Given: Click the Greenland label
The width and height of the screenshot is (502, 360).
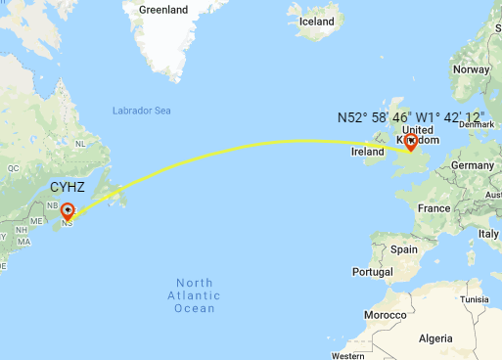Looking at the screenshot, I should [x=162, y=10].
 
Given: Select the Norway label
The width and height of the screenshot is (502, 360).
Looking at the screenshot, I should [x=471, y=69].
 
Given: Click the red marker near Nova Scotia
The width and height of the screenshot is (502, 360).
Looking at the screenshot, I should [x=68, y=210].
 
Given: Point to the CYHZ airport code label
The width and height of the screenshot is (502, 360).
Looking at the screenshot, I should [x=68, y=186].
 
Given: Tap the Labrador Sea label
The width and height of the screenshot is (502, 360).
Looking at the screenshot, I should [x=142, y=111].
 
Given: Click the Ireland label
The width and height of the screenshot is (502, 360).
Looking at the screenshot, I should [x=367, y=152].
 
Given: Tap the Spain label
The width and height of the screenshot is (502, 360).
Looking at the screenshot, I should [x=403, y=249].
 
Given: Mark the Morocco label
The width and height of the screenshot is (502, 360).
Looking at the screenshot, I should [x=386, y=316].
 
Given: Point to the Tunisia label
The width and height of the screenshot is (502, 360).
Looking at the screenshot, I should [x=476, y=299].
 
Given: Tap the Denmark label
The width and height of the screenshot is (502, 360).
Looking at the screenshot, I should [x=477, y=124].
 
